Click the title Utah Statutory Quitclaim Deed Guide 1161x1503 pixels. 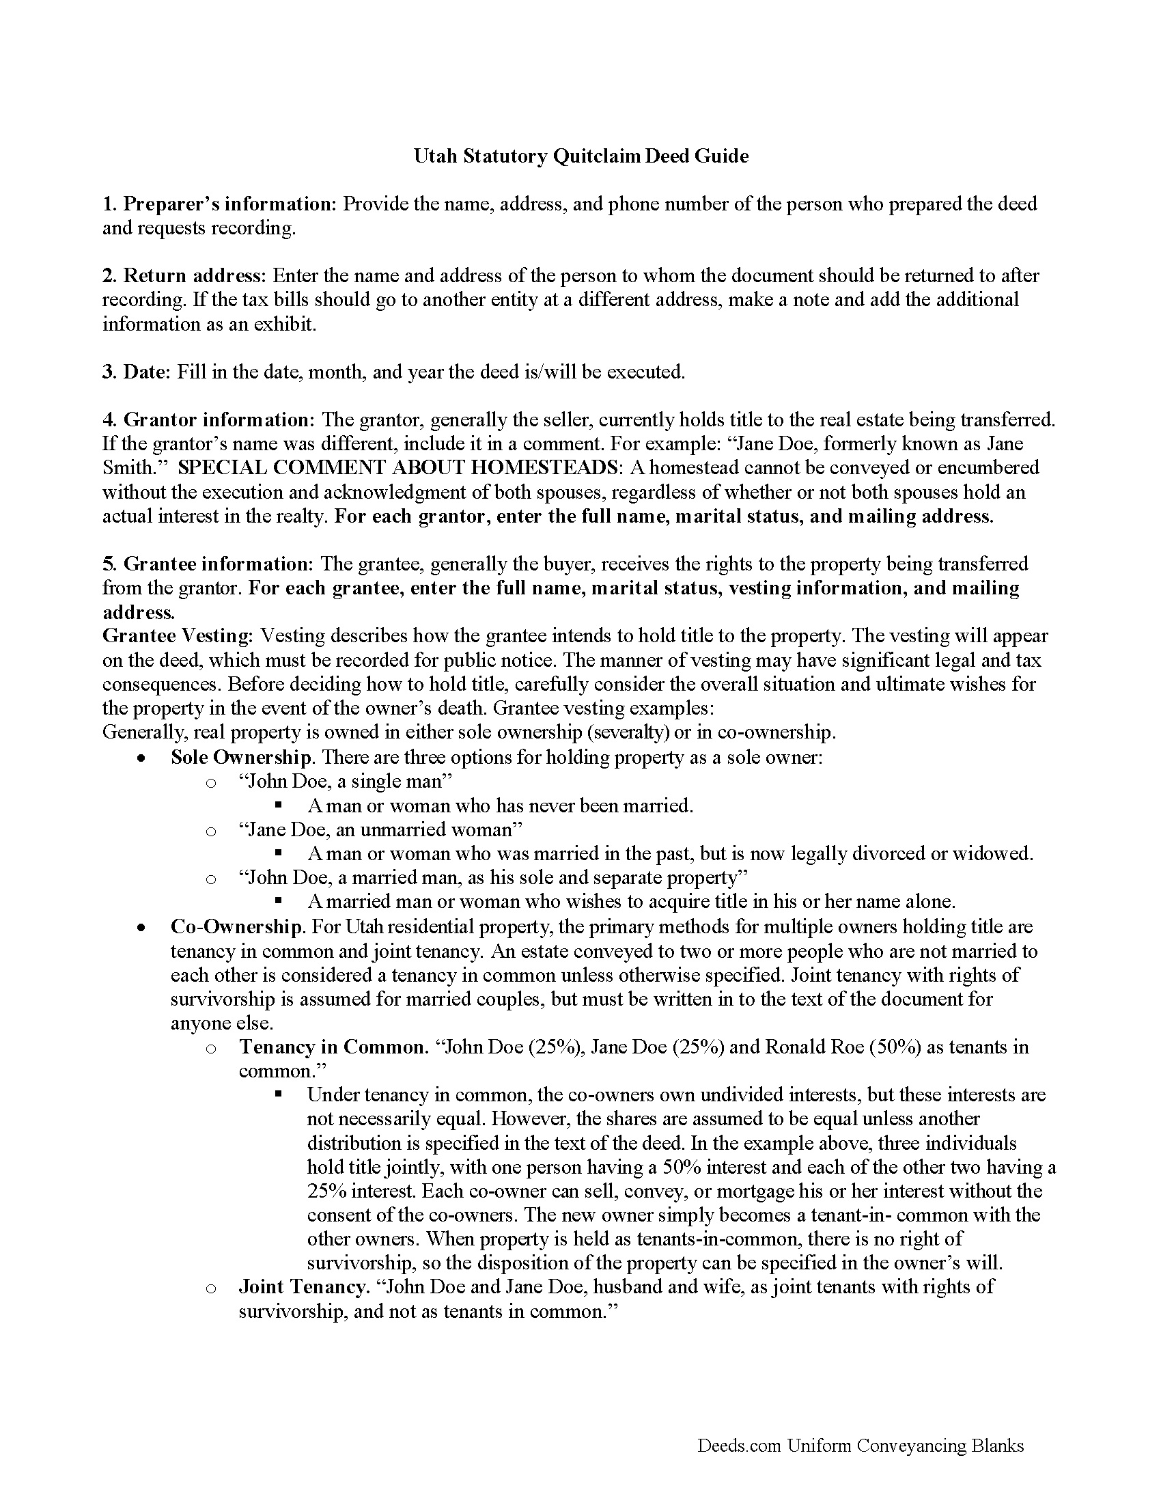pyautogui.click(x=580, y=156)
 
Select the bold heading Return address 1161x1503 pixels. pyautogui.click(x=194, y=276)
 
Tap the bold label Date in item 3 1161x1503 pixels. pyautogui.click(x=145, y=372)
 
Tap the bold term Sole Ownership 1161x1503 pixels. pyautogui.click(x=240, y=758)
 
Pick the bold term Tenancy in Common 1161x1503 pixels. pyautogui.click(x=333, y=1047)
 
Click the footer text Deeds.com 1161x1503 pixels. pyautogui.click(x=739, y=1446)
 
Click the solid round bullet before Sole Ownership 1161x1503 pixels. pyautogui.click(x=141, y=759)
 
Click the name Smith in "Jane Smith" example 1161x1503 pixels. pyautogui.click(x=127, y=468)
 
